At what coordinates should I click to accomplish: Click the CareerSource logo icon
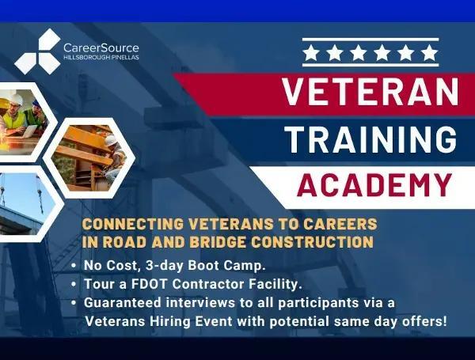36,51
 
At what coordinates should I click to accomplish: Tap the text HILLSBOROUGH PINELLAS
101,59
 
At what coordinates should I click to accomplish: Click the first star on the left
313,53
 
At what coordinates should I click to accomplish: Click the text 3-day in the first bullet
165,265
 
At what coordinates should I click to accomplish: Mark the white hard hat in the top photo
16,99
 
